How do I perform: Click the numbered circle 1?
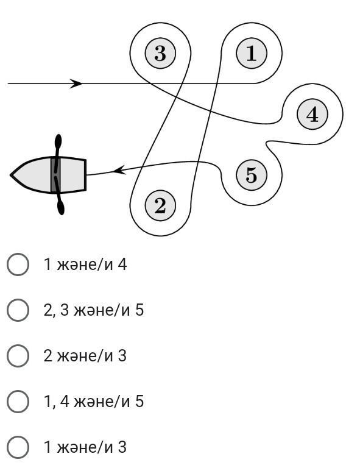pos(252,54)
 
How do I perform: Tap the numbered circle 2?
pos(160,205)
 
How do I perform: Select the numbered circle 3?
pos(160,54)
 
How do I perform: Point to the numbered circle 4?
pos(312,114)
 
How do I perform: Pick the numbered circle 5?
pos(252,175)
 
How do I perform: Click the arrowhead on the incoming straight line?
pos(76,83)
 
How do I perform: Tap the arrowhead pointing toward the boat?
pos(120,170)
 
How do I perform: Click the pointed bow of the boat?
pos(11,175)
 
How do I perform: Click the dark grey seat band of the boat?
pos(55,175)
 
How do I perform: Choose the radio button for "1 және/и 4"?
pos(18,264)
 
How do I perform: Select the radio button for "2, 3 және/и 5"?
pos(18,310)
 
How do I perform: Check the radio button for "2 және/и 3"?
pos(18,355)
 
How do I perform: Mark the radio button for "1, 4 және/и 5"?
pos(18,401)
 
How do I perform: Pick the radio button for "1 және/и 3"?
pos(18,447)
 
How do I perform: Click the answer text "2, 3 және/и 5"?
pos(94,310)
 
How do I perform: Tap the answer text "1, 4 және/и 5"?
pos(94,401)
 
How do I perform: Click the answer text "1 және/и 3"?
pos(85,447)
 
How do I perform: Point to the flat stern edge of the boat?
pos(86,175)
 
